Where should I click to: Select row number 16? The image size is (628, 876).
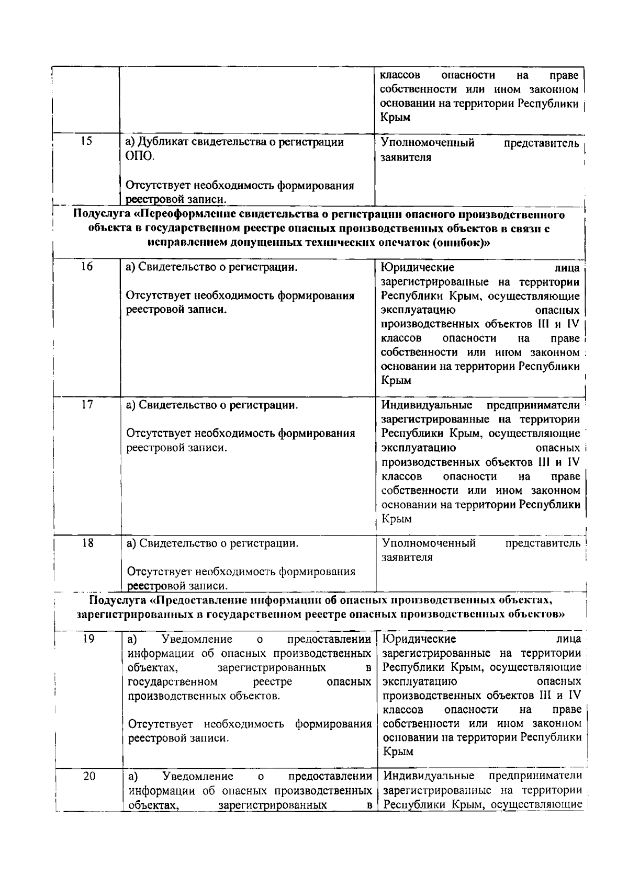click(x=87, y=267)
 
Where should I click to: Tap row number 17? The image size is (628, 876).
click(x=87, y=404)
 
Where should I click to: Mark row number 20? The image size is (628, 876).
click(x=89, y=776)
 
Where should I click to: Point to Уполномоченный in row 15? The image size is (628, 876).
click(x=428, y=143)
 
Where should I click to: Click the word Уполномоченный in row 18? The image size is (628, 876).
click(x=429, y=543)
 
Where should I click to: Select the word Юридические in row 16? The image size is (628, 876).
click(x=417, y=268)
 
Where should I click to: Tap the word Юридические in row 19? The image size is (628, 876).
click(x=419, y=639)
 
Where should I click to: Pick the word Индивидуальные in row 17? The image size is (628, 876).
click(x=427, y=405)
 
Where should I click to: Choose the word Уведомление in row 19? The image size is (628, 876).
click(x=197, y=639)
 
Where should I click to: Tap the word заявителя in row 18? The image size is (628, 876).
click(x=407, y=558)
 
